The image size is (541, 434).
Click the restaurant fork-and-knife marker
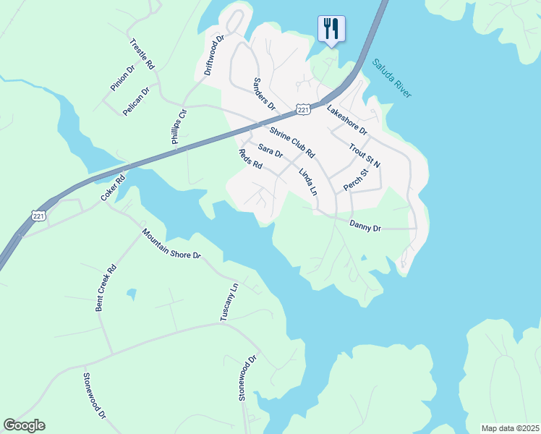tap(331, 29)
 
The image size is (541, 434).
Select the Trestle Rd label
tap(142, 54)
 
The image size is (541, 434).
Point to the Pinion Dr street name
tap(123, 78)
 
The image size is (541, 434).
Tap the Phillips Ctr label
tap(179, 127)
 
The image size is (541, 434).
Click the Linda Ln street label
tap(308, 182)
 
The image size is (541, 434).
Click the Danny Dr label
tap(365, 226)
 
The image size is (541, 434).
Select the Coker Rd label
tap(113, 187)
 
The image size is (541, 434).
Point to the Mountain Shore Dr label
tap(171, 244)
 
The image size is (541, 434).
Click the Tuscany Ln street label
tap(229, 302)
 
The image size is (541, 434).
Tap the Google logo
tap(24, 425)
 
